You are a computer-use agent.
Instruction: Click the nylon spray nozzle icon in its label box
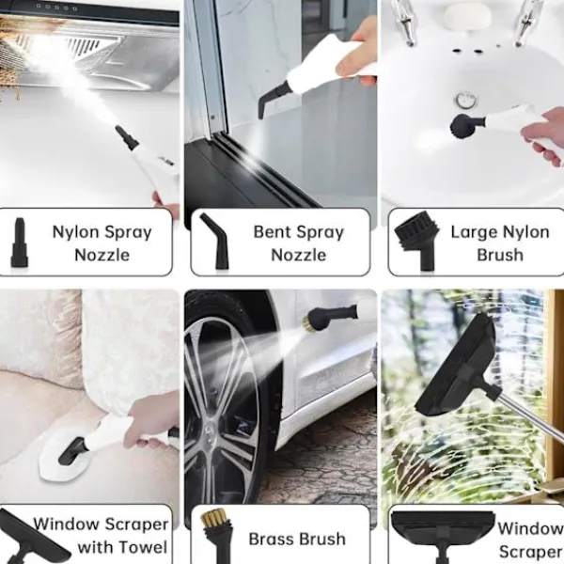[19, 243]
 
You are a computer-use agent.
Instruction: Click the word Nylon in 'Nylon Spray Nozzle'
[75, 232]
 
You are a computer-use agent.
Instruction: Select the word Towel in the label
[148, 547]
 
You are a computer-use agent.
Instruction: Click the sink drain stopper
[466, 101]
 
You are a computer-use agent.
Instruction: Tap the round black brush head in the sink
[463, 126]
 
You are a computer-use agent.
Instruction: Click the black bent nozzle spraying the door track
[272, 99]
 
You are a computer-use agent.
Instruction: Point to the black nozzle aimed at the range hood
[127, 137]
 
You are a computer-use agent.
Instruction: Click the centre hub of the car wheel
[210, 431]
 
